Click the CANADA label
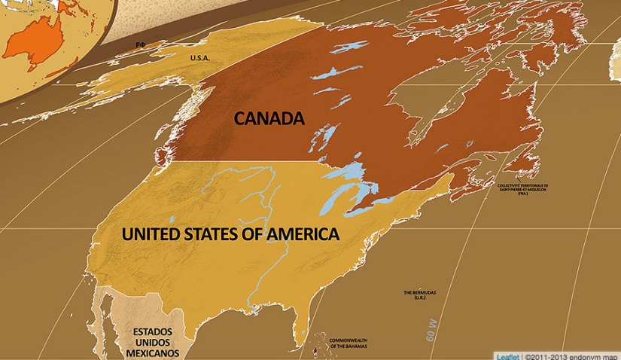[x=269, y=118]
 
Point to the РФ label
[x=140, y=45]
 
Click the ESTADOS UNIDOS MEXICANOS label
[x=152, y=342]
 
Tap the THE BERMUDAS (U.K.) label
[x=420, y=294]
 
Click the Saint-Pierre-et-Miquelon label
[x=523, y=188]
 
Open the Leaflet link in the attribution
[x=507, y=355]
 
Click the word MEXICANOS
[x=152, y=352]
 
